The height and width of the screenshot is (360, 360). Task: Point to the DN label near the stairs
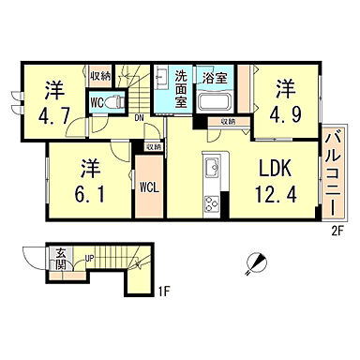click(x=139, y=116)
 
